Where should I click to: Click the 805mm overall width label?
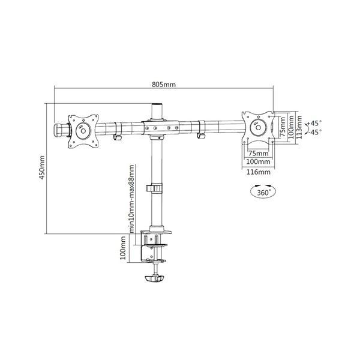[x=164, y=84]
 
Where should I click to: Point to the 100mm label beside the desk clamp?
[x=124, y=248]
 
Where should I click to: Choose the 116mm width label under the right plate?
[x=259, y=172]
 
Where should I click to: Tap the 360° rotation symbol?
[x=259, y=193]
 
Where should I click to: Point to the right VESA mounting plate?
[x=257, y=127]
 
